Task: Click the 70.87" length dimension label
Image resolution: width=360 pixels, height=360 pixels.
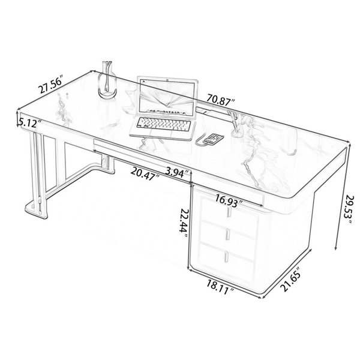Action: click(220, 100)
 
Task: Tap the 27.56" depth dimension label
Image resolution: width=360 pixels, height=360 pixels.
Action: click(51, 84)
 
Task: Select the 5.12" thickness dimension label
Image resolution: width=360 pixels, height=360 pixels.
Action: click(29, 123)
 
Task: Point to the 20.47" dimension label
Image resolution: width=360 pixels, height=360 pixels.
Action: click(145, 173)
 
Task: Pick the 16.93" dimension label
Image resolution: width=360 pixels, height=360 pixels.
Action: click(229, 200)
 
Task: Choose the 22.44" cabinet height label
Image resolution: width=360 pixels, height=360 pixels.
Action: click(184, 223)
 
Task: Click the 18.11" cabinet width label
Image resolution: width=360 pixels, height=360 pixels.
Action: click(220, 287)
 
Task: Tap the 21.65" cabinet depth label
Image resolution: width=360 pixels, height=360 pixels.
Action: click(291, 279)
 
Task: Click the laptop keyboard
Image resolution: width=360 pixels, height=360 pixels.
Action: click(164, 124)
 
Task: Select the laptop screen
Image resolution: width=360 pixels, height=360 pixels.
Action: click(168, 96)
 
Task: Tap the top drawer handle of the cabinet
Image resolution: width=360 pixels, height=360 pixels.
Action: click(229, 211)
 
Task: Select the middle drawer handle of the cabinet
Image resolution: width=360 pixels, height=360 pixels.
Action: click(228, 234)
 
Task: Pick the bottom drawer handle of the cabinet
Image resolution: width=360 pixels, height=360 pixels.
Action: click(227, 256)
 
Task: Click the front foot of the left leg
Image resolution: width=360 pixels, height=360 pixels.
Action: click(36, 209)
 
